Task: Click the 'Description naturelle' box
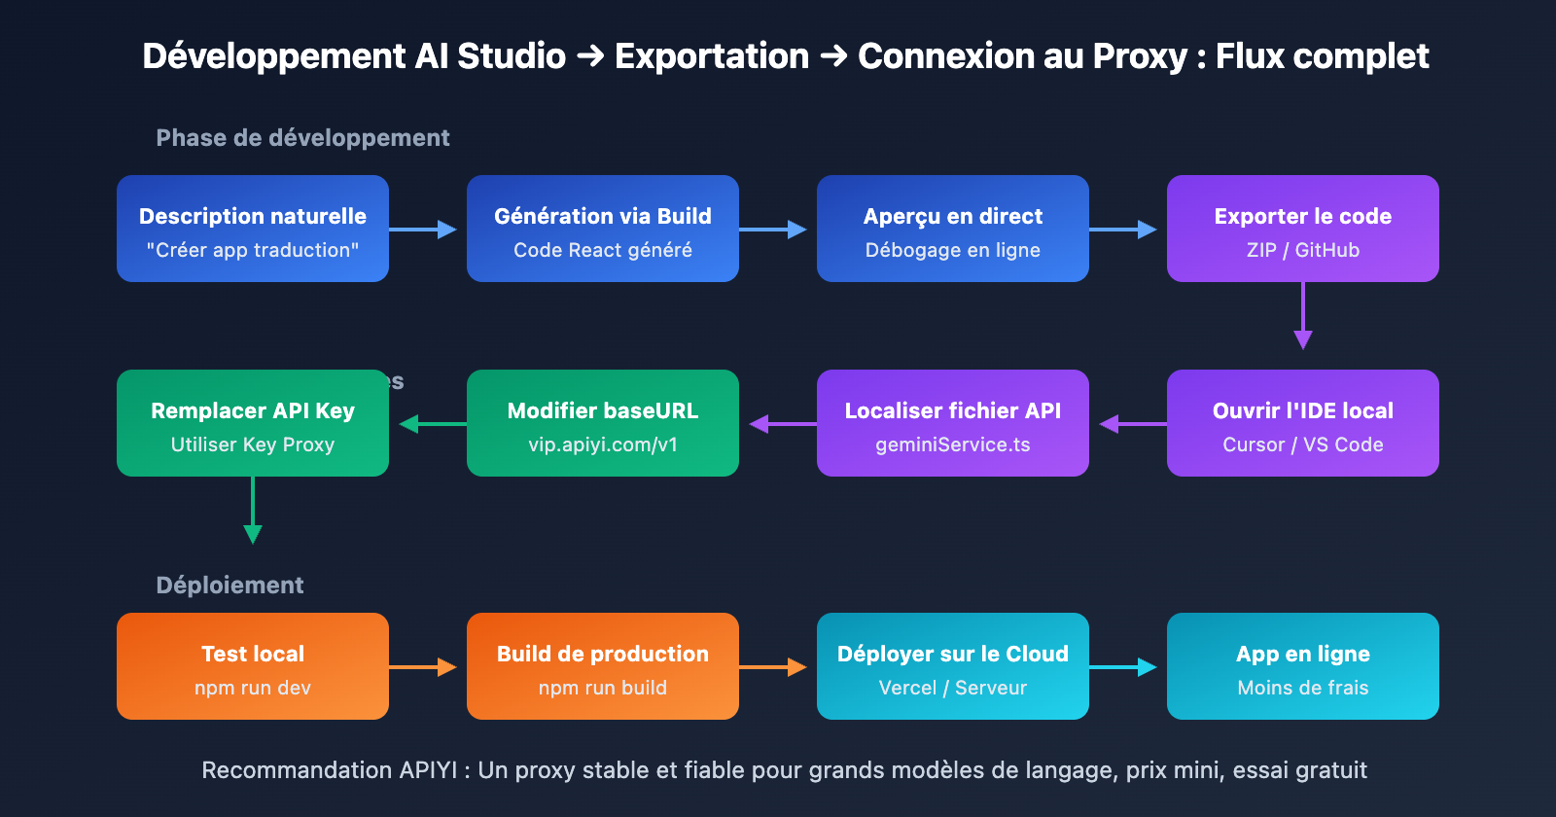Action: pyautogui.click(x=253, y=229)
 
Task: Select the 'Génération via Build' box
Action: pyautogui.click(x=603, y=229)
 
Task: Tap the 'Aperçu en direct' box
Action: pyautogui.click(x=953, y=229)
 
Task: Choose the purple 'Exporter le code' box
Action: pyautogui.click(x=1303, y=229)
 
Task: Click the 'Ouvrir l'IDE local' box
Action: pyautogui.click(x=1303, y=423)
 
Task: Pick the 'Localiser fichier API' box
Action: pyautogui.click(x=953, y=423)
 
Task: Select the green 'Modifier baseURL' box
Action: pyautogui.click(x=603, y=423)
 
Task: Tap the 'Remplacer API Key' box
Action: pyautogui.click(x=253, y=423)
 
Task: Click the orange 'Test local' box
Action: pyautogui.click(x=253, y=666)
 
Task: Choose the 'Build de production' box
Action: pyautogui.click(x=603, y=666)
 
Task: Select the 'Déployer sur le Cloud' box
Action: pyautogui.click(x=953, y=666)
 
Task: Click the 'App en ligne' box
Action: pyautogui.click(x=1303, y=666)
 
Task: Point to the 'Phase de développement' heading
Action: pyautogui.click(x=302, y=138)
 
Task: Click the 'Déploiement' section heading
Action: pyautogui.click(x=230, y=586)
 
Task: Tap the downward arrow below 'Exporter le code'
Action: pyautogui.click(x=1303, y=316)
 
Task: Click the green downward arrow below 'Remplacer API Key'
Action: pyautogui.click(x=253, y=511)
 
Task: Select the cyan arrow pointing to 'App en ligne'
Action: pyautogui.click(x=1123, y=667)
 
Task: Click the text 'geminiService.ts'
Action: pyautogui.click(x=953, y=444)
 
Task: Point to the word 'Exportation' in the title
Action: pyautogui.click(x=712, y=56)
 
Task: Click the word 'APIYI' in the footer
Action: pyautogui.click(x=428, y=770)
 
